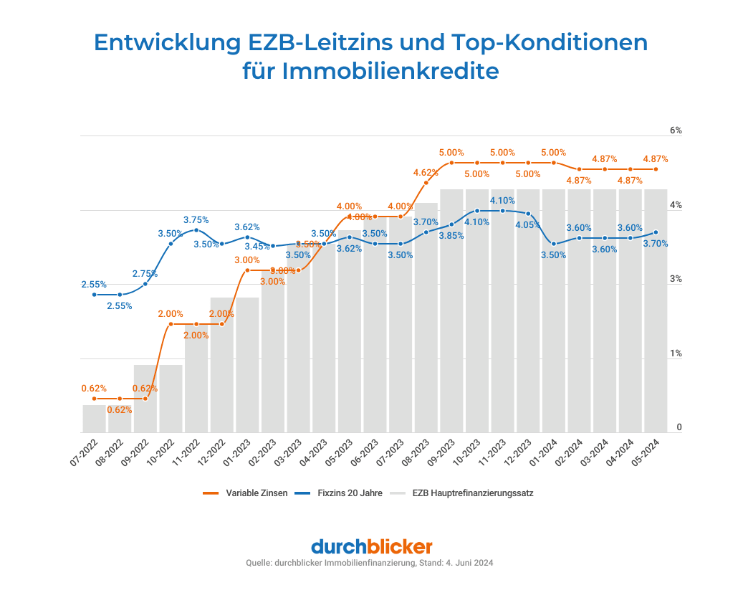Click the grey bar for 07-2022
pyautogui.click(x=94, y=419)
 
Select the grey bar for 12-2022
pyautogui.click(x=222, y=365)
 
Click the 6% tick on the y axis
pyautogui.click(x=675, y=131)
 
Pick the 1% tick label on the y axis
pyautogui.click(x=675, y=353)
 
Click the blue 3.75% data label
pyautogui.click(x=196, y=220)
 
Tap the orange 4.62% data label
pyautogui.click(x=426, y=172)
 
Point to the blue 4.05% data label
pyautogui.click(x=528, y=224)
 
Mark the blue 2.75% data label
pyautogui.click(x=145, y=274)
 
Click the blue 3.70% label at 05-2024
pyautogui.click(x=655, y=244)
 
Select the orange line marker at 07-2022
pyautogui.click(x=94, y=399)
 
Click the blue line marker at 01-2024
pyautogui.click(x=554, y=244)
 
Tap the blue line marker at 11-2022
pyautogui.click(x=196, y=230)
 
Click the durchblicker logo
pyautogui.click(x=371, y=546)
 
